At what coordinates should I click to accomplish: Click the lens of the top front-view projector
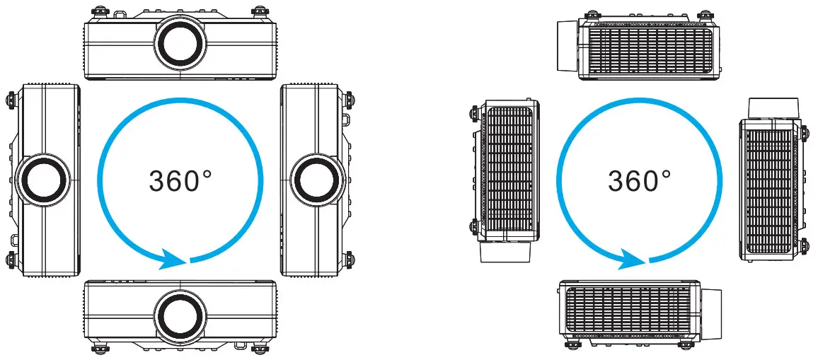pyautogui.click(x=180, y=40)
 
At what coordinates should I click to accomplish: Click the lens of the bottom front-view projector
pyautogui.click(x=180, y=313)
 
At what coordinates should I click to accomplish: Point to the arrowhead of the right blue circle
pyautogui.click(x=631, y=258)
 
